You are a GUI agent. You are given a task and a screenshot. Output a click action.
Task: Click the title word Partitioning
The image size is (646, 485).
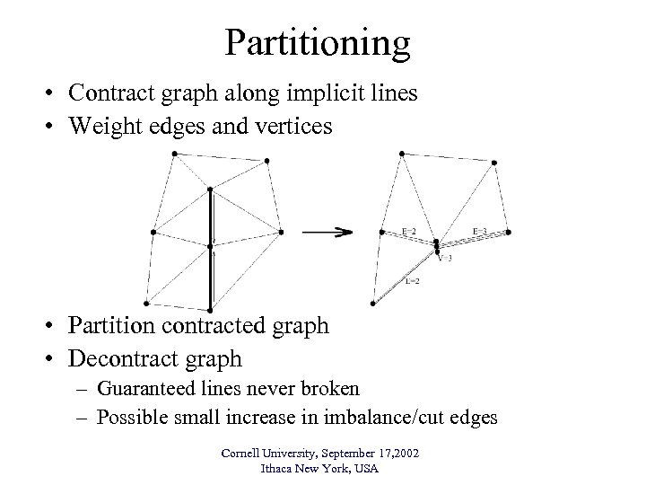(x=318, y=43)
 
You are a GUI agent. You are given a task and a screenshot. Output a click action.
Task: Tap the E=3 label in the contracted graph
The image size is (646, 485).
(x=480, y=231)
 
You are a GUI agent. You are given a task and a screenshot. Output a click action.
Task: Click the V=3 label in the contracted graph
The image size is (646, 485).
(x=445, y=258)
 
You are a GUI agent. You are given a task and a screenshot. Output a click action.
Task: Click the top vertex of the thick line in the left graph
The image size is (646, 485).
(x=210, y=190)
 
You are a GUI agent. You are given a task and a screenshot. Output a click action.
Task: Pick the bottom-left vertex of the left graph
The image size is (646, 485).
(x=144, y=308)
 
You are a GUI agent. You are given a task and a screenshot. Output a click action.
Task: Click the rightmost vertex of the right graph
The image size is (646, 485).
(x=509, y=232)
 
